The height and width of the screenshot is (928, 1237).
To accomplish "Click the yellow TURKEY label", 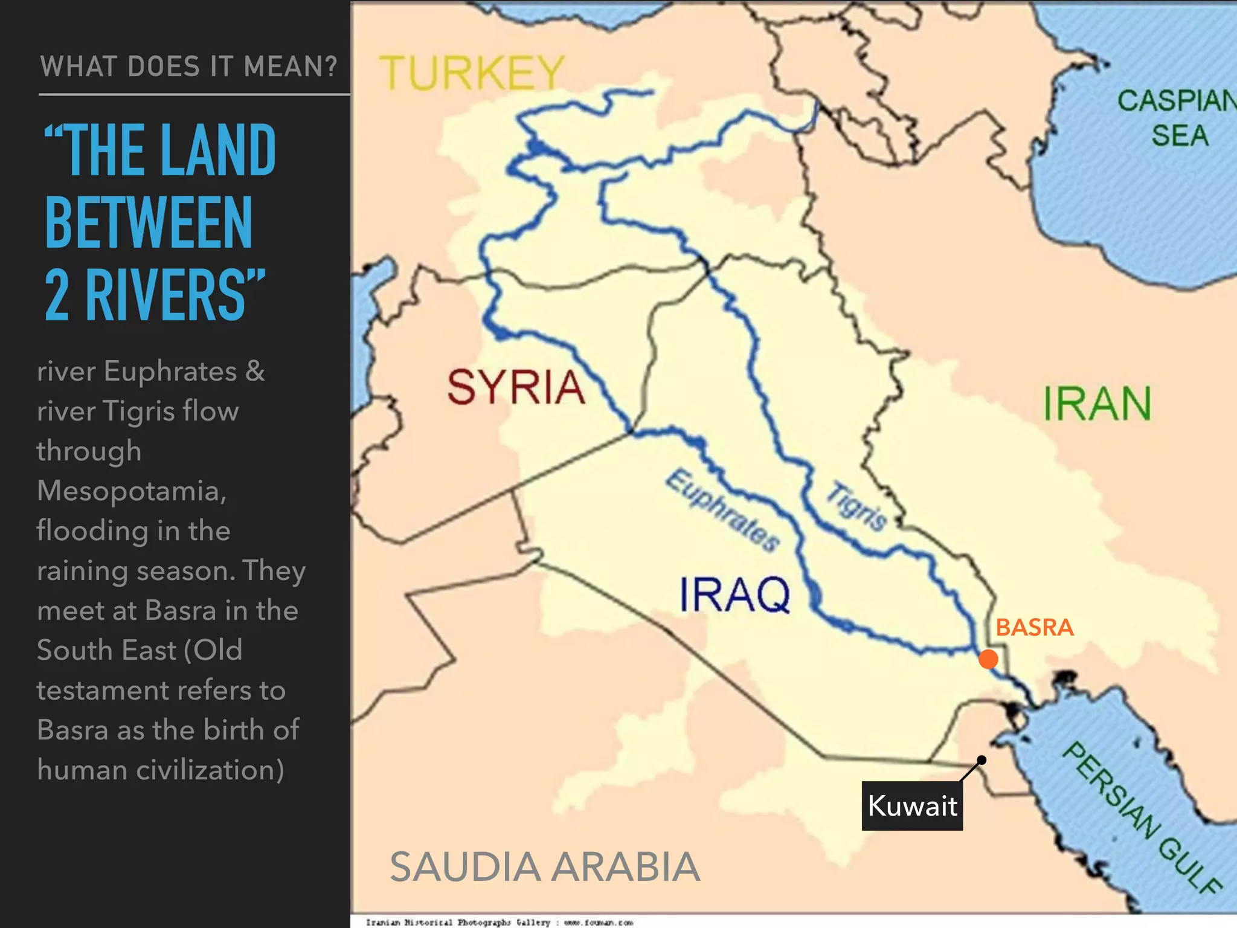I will (472, 73).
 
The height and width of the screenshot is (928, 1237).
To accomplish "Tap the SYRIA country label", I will (516, 387).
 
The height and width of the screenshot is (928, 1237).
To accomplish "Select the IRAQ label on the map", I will (734, 594).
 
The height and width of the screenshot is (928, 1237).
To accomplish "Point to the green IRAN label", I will (1097, 404).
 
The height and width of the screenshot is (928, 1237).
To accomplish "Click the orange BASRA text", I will (1034, 627).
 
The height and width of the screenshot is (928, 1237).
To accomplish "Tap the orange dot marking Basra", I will (988, 659).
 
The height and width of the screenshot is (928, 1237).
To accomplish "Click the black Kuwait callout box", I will (912, 806).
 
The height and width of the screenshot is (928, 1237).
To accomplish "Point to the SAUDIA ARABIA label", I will (545, 866).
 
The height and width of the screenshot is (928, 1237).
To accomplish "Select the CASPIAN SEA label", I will (1178, 118).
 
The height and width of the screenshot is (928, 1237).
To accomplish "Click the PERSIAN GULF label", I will (1142, 819).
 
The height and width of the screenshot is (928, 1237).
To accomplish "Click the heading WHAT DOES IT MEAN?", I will (188, 66).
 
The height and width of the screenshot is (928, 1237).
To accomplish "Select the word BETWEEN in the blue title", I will (149, 223).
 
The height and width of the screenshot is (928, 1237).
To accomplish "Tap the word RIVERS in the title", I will (175, 295).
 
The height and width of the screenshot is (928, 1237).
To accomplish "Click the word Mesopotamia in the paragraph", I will (131, 491).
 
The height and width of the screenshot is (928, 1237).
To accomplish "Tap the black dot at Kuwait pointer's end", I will (982, 760).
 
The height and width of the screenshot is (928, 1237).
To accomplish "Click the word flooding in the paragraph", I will (92, 530).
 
